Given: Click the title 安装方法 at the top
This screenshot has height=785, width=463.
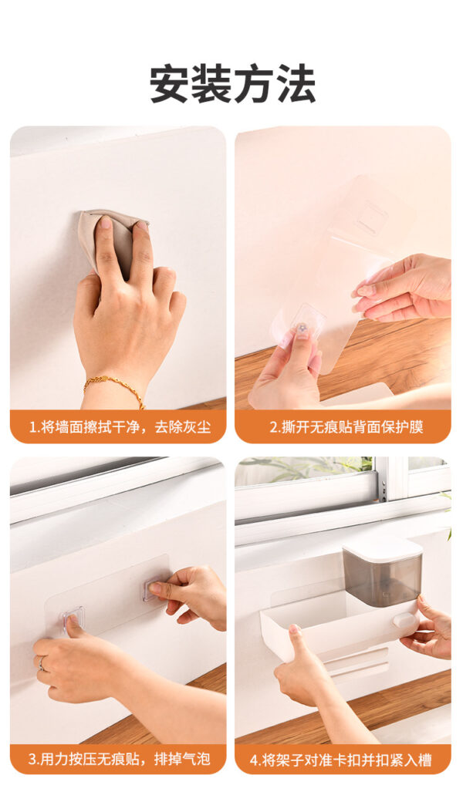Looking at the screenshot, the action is point(232,84).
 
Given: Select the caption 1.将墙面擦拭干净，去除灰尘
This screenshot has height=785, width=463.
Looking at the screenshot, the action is point(120,427).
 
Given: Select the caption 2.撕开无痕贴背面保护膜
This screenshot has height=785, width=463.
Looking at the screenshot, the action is point(346,427).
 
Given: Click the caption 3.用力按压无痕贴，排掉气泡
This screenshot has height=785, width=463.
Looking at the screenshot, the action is point(119,759).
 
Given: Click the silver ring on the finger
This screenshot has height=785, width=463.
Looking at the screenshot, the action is point(42,663).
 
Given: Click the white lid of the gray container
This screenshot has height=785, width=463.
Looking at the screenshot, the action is point(382,547).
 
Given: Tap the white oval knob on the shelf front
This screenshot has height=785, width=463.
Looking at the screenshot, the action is point(404,620).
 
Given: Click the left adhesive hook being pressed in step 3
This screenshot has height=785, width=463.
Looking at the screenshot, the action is point(73,620).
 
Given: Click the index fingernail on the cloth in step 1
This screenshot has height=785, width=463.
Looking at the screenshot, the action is point(106,222).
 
